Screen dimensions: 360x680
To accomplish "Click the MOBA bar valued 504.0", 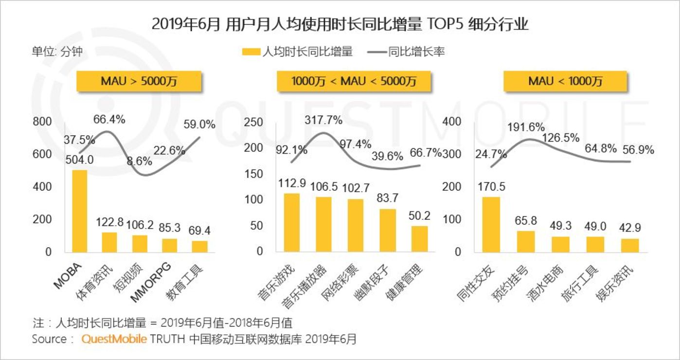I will pyautogui.click(x=80, y=211).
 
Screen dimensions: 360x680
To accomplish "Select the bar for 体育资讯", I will pyautogui.click(x=110, y=242).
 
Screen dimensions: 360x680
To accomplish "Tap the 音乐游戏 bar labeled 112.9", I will pyautogui.click(x=292, y=222).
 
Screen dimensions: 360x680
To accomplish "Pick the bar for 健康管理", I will pyautogui.click(x=419, y=239).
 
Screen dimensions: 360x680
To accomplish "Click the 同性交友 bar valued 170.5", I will pyautogui.click(x=491, y=224).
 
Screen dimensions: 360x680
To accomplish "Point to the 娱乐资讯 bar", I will pyautogui.click(x=630, y=245).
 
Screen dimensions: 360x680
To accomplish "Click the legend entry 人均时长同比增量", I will pyautogui.click(x=297, y=52).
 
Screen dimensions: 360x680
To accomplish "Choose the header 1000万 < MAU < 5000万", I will pyautogui.click(x=354, y=81).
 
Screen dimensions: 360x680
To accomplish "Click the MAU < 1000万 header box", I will pyautogui.click(x=565, y=81).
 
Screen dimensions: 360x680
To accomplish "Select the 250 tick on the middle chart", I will pyautogui.click(x=253, y=122).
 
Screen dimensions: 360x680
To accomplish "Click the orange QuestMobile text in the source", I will pyautogui.click(x=114, y=339).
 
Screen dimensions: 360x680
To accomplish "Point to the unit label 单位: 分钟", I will pyautogui.click(x=57, y=52).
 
